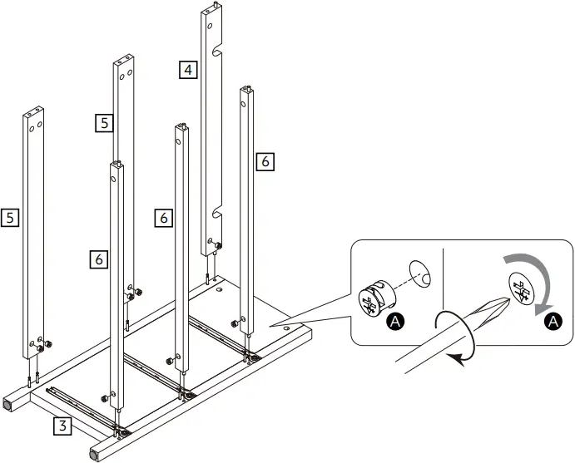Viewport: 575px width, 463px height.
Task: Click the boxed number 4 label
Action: [x=189, y=70]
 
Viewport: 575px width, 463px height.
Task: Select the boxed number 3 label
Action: [x=62, y=426]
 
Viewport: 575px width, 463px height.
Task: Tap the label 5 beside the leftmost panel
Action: [x=11, y=218]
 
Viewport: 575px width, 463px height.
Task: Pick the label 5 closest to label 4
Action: [x=103, y=123]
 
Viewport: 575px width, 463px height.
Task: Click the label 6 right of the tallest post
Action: [x=265, y=161]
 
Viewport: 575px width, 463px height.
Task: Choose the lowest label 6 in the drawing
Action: [x=98, y=259]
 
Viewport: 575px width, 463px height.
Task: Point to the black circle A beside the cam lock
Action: [x=397, y=319]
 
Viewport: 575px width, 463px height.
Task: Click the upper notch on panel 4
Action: [x=218, y=49]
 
